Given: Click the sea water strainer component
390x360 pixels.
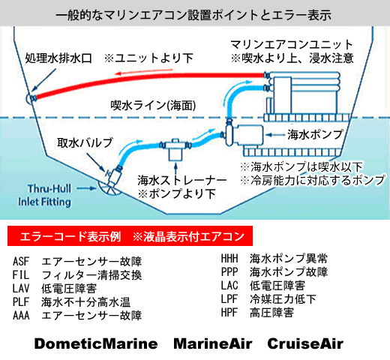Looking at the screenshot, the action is tap(175, 149).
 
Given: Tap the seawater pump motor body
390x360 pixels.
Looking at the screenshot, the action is tap(249, 135).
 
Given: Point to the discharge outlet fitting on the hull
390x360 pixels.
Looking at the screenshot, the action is tap(31, 98).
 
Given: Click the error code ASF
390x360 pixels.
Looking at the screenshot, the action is tap(21, 262).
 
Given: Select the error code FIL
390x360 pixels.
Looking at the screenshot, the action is tap(21, 275).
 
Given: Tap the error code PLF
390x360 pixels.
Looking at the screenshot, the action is tap(21, 301).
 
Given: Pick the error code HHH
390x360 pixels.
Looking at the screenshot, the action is tap(229, 259).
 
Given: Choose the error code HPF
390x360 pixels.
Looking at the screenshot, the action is tap(229, 312).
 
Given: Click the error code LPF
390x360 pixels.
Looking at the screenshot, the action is tap(229, 298).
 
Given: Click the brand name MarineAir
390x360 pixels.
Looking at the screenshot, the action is tap(213, 343).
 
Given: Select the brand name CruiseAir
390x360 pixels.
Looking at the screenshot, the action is tap(305, 343).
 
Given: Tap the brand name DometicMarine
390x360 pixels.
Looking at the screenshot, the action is tap(96, 343).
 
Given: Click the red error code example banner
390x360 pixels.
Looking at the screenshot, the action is tap(130, 236).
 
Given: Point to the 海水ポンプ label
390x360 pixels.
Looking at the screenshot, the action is tap(316, 135).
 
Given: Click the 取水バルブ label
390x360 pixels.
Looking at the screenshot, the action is tap(85, 142).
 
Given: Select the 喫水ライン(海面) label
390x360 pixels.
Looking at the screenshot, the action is tap(153, 106).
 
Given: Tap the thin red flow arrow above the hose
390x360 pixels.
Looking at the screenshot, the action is tap(144, 72).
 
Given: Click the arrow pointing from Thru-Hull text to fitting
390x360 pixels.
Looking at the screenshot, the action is tap(86, 188).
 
